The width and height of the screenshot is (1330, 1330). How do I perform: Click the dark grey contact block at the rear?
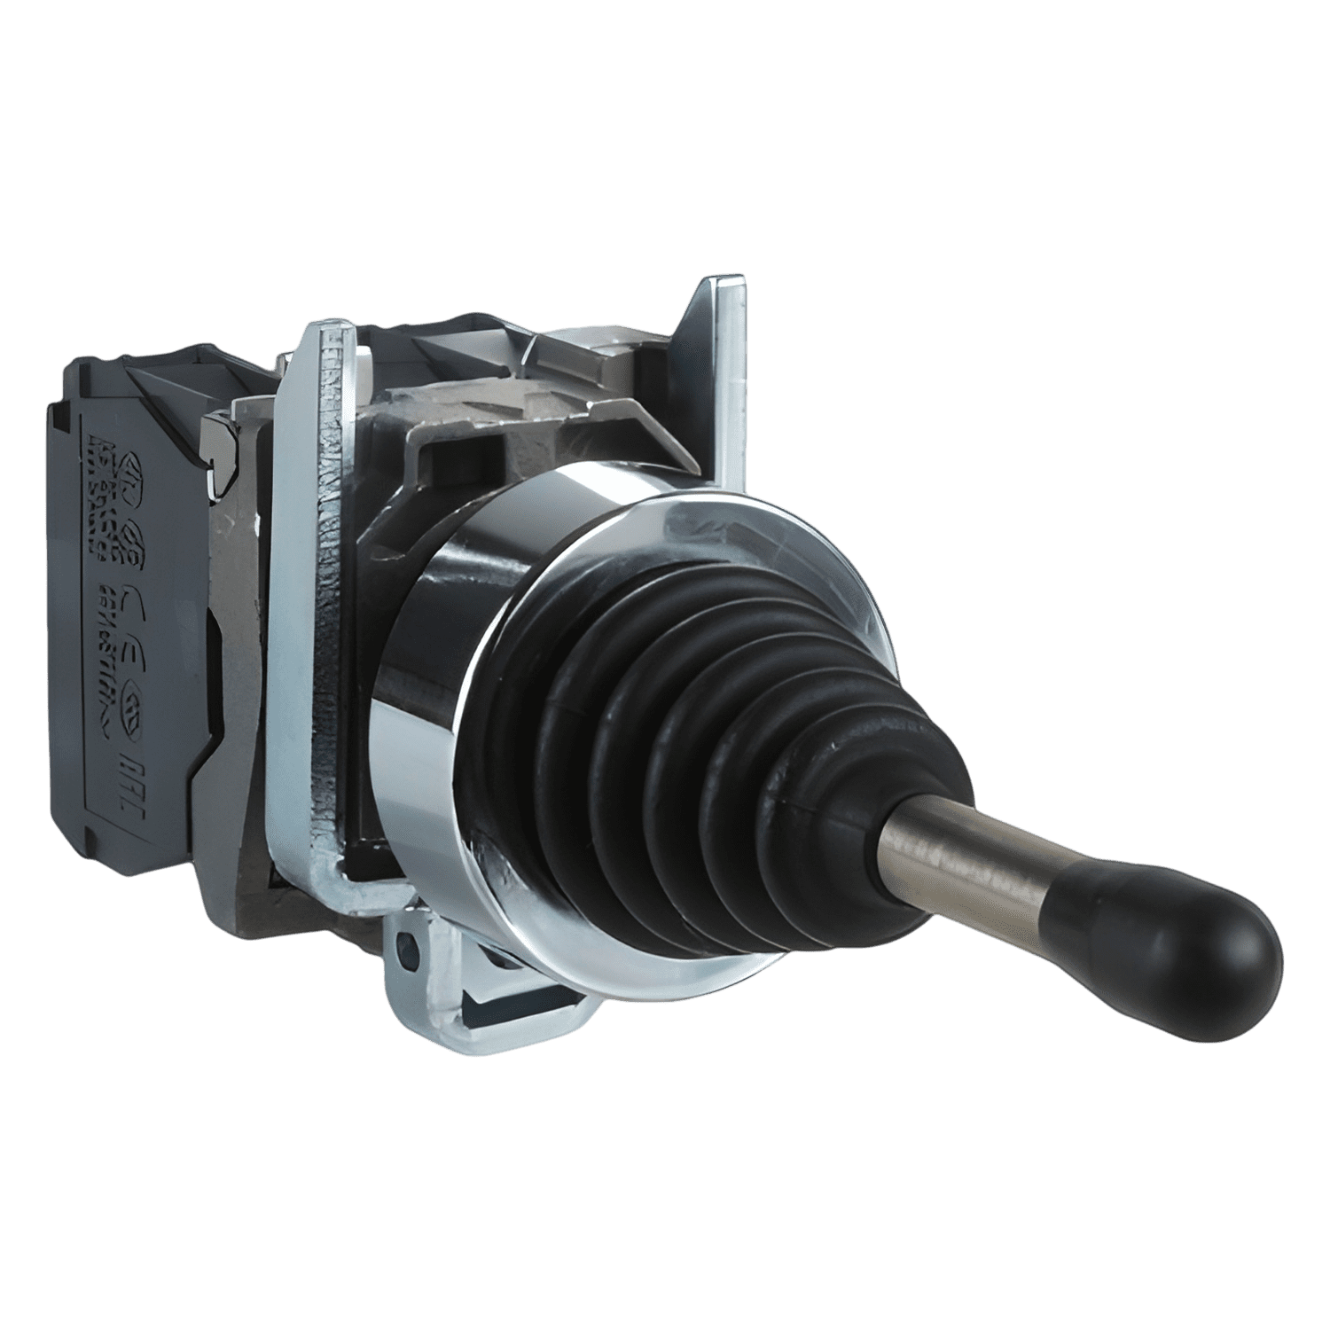(133, 621)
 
